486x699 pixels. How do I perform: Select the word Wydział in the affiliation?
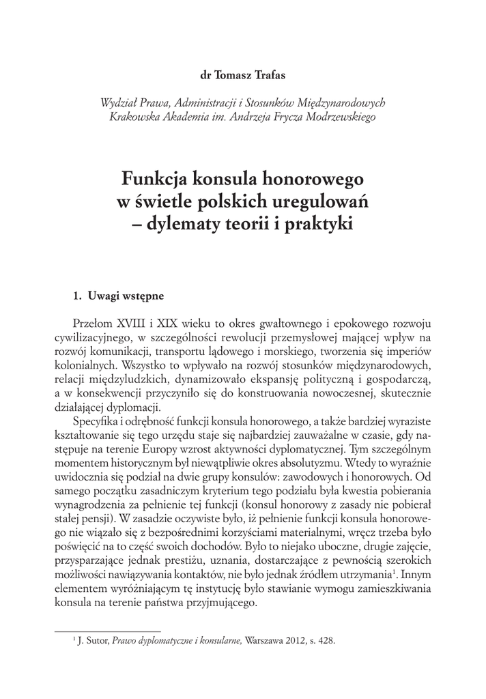(118, 102)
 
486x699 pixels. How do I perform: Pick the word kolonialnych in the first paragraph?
(82, 365)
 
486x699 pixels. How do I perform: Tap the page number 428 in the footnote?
(326, 642)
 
